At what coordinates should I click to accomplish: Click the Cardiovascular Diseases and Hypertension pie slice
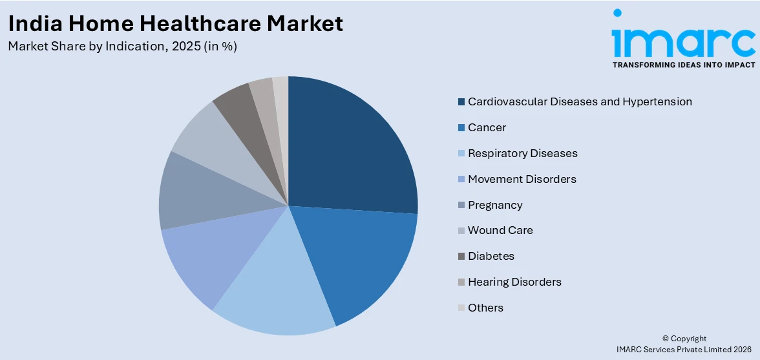click(349, 149)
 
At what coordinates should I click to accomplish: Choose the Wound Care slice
click(207, 139)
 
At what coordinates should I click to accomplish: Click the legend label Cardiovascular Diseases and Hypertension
click(580, 101)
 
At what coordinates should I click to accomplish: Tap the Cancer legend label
click(487, 127)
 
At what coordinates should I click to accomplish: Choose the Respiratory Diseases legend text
click(522, 153)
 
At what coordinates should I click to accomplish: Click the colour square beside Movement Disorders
click(461, 179)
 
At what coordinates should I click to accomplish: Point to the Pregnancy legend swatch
click(461, 205)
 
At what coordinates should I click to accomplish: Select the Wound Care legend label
click(500, 230)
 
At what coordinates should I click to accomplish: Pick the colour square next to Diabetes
click(461, 256)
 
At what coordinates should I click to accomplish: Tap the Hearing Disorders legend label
click(514, 282)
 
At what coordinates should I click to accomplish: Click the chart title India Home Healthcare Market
click(176, 24)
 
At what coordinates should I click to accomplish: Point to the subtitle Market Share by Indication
click(123, 47)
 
